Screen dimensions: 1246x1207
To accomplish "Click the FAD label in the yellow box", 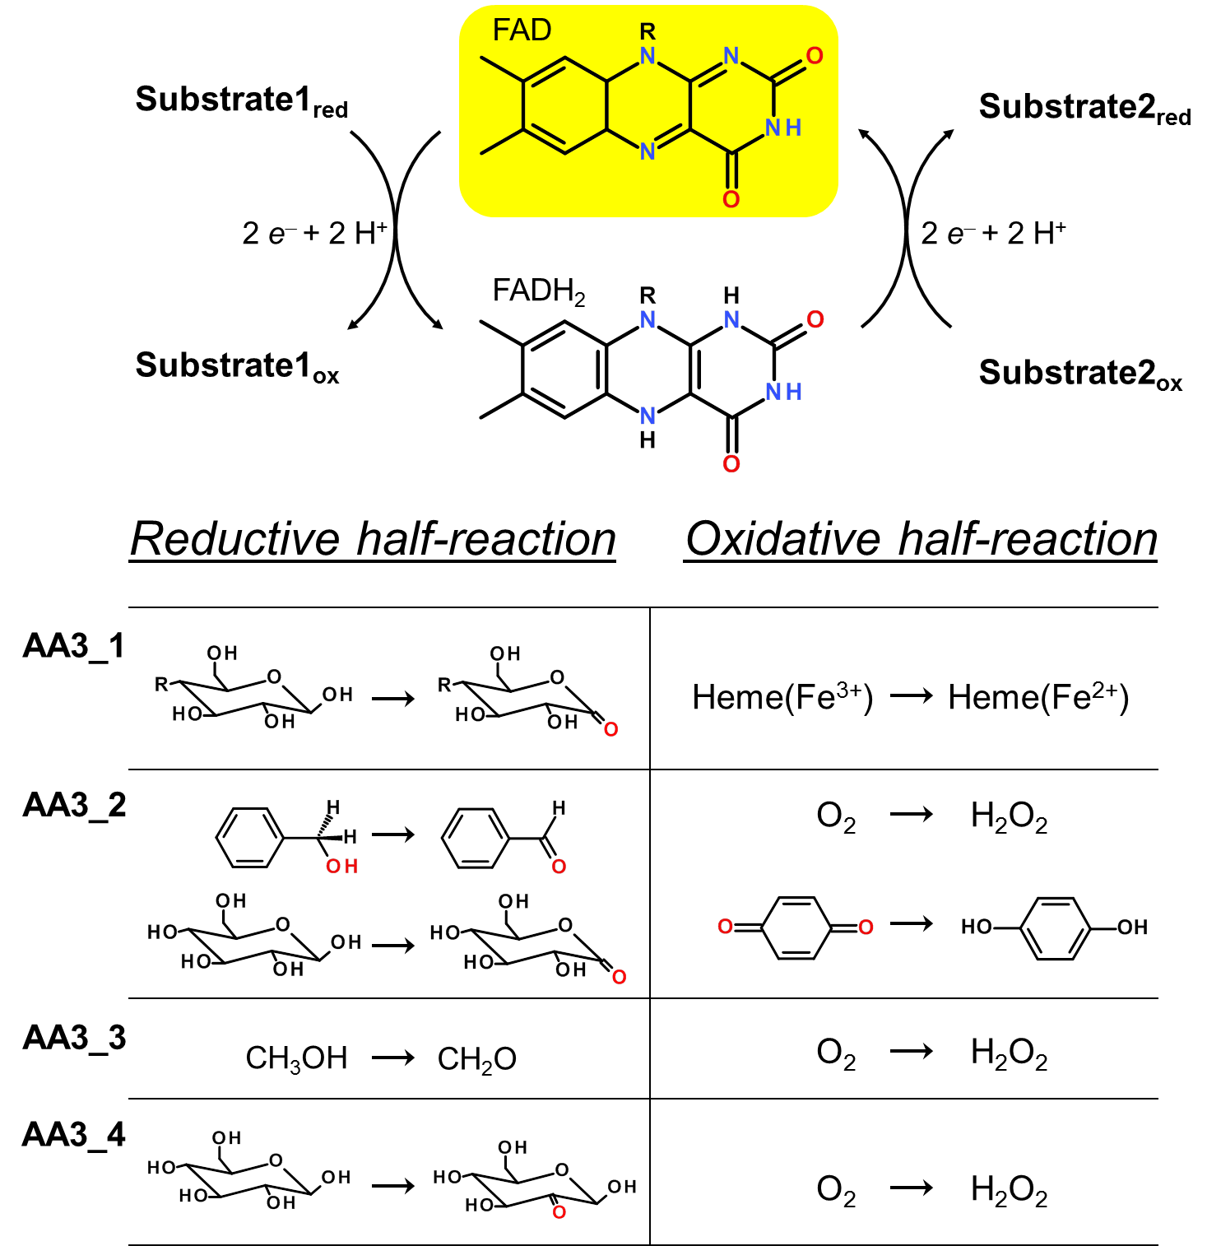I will click(x=522, y=30).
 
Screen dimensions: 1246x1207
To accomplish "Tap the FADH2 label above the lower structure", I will click(x=539, y=291).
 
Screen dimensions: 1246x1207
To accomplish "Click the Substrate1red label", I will click(x=241, y=100).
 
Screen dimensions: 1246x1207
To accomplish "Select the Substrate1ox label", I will click(x=237, y=366).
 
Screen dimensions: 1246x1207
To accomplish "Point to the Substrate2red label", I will click(x=1084, y=108).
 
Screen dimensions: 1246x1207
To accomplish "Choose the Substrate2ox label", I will click(x=1080, y=374).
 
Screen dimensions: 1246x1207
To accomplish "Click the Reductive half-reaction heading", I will click(x=373, y=540).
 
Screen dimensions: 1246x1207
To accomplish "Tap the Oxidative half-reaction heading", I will click(x=921, y=540).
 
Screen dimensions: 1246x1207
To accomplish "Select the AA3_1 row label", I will click(x=74, y=646).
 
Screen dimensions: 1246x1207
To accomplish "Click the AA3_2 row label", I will click(x=74, y=805).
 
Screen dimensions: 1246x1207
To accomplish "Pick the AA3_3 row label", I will click(x=74, y=1038).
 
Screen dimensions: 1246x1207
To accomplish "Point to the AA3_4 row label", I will click(x=74, y=1136).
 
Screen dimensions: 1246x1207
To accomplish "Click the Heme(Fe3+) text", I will click(x=782, y=697).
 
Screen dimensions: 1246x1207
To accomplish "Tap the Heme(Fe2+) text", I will click(x=1038, y=697).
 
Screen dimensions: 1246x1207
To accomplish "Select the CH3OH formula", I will click(x=296, y=1058).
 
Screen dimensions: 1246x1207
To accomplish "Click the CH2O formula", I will click(x=476, y=1058).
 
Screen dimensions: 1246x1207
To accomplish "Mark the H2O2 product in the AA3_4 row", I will click(x=1009, y=1190).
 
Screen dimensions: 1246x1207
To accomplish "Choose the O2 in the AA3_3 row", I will click(x=836, y=1053).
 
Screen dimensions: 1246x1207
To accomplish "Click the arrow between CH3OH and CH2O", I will click(x=393, y=1057).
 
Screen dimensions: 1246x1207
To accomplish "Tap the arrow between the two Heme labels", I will click(x=912, y=696).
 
